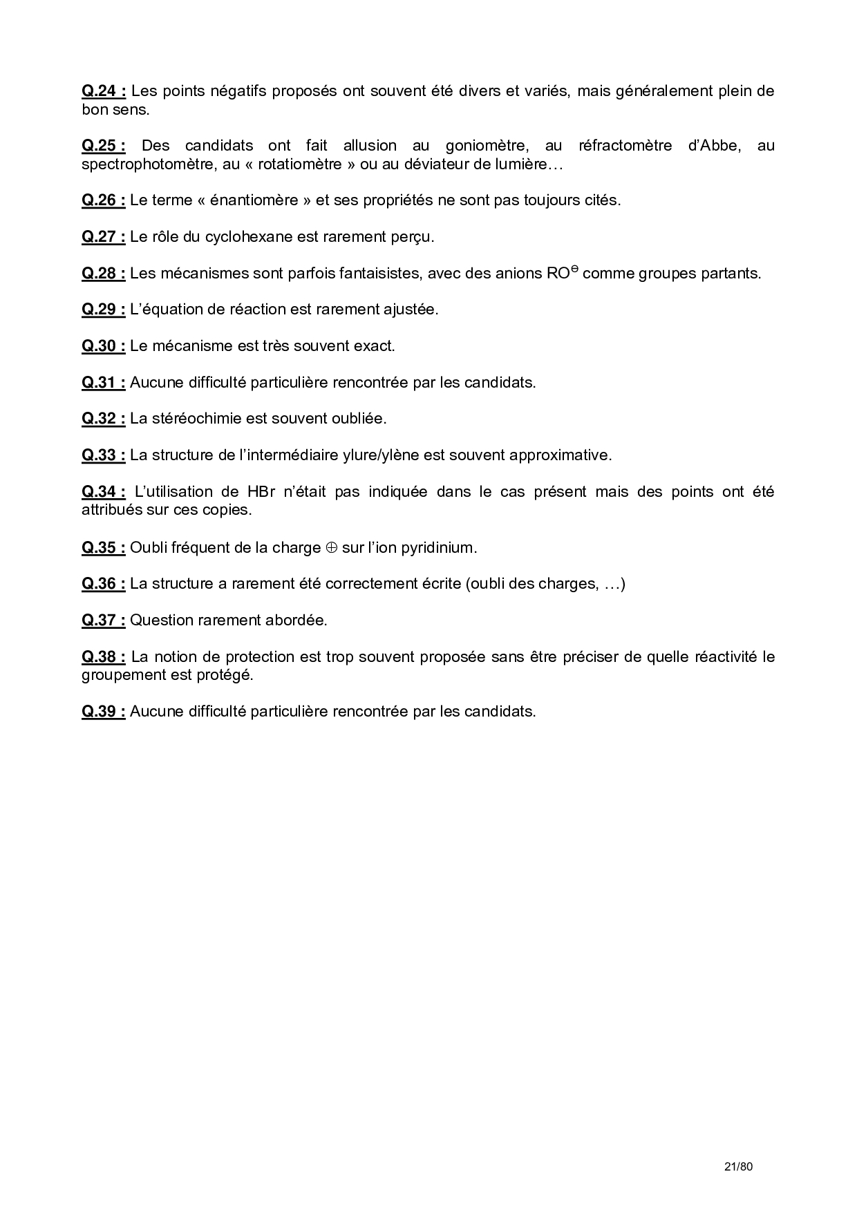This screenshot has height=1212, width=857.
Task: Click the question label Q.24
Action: pyautogui.click(x=104, y=91)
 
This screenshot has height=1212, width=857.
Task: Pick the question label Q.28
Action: pyautogui.click(x=104, y=274)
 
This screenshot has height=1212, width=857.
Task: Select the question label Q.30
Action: pyautogui.click(x=104, y=346)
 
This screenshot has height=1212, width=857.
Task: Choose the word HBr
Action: pyautogui.click(x=261, y=492)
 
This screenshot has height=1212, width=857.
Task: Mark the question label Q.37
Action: pyautogui.click(x=104, y=621)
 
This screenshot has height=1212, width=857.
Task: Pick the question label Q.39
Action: pyautogui.click(x=104, y=712)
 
